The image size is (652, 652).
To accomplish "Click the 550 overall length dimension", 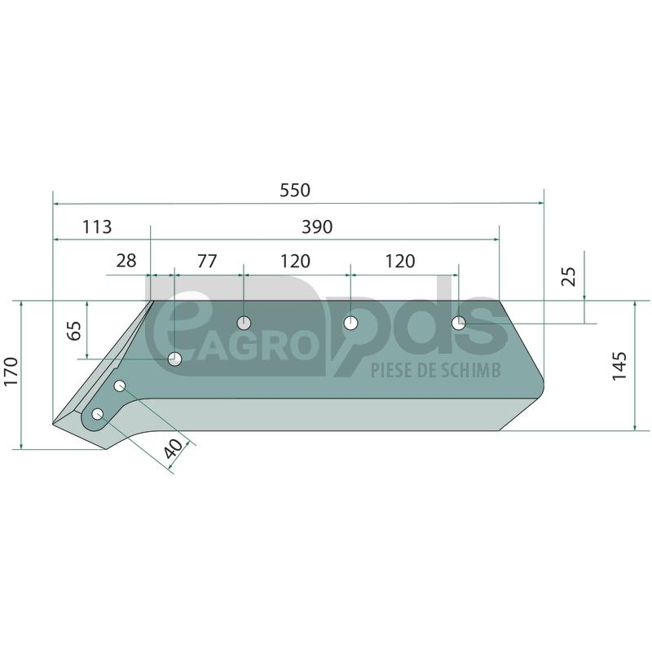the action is point(295,191).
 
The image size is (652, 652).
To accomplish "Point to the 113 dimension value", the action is point(97,227).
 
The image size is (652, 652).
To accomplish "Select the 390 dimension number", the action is point(317,227).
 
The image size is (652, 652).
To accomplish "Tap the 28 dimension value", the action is point(126,261).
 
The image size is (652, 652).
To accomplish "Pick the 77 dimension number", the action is point(207,261).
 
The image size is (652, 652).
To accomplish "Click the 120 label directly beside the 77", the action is point(295,261).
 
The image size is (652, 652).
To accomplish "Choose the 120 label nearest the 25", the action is point(400,261).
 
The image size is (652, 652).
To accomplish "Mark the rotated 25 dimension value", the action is point(569,276).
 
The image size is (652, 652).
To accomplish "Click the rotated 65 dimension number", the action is point(75,331).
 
